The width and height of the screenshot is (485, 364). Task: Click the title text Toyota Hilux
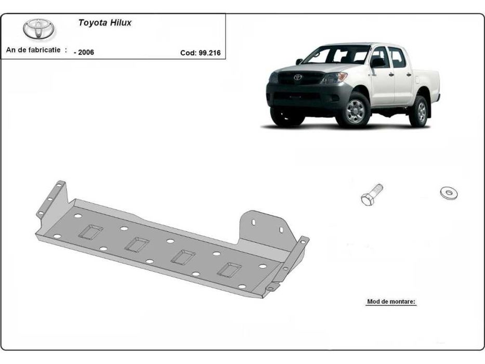point(104,23)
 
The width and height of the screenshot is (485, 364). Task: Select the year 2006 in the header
point(84,52)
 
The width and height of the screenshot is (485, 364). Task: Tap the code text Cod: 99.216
point(200,52)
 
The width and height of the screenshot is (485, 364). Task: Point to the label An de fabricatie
point(37,50)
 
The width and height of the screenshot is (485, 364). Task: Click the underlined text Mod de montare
point(391,302)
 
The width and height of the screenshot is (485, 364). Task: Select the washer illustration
point(448,193)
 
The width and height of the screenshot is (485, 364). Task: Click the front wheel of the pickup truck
point(355,110)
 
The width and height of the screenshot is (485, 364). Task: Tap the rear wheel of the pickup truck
point(419,111)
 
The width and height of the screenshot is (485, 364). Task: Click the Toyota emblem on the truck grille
point(298,77)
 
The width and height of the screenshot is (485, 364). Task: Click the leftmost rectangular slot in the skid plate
point(90,231)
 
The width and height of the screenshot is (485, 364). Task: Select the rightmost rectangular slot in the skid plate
point(229,269)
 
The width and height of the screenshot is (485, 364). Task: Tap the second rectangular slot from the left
point(137,244)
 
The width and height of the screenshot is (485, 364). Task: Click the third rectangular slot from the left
point(183,256)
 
